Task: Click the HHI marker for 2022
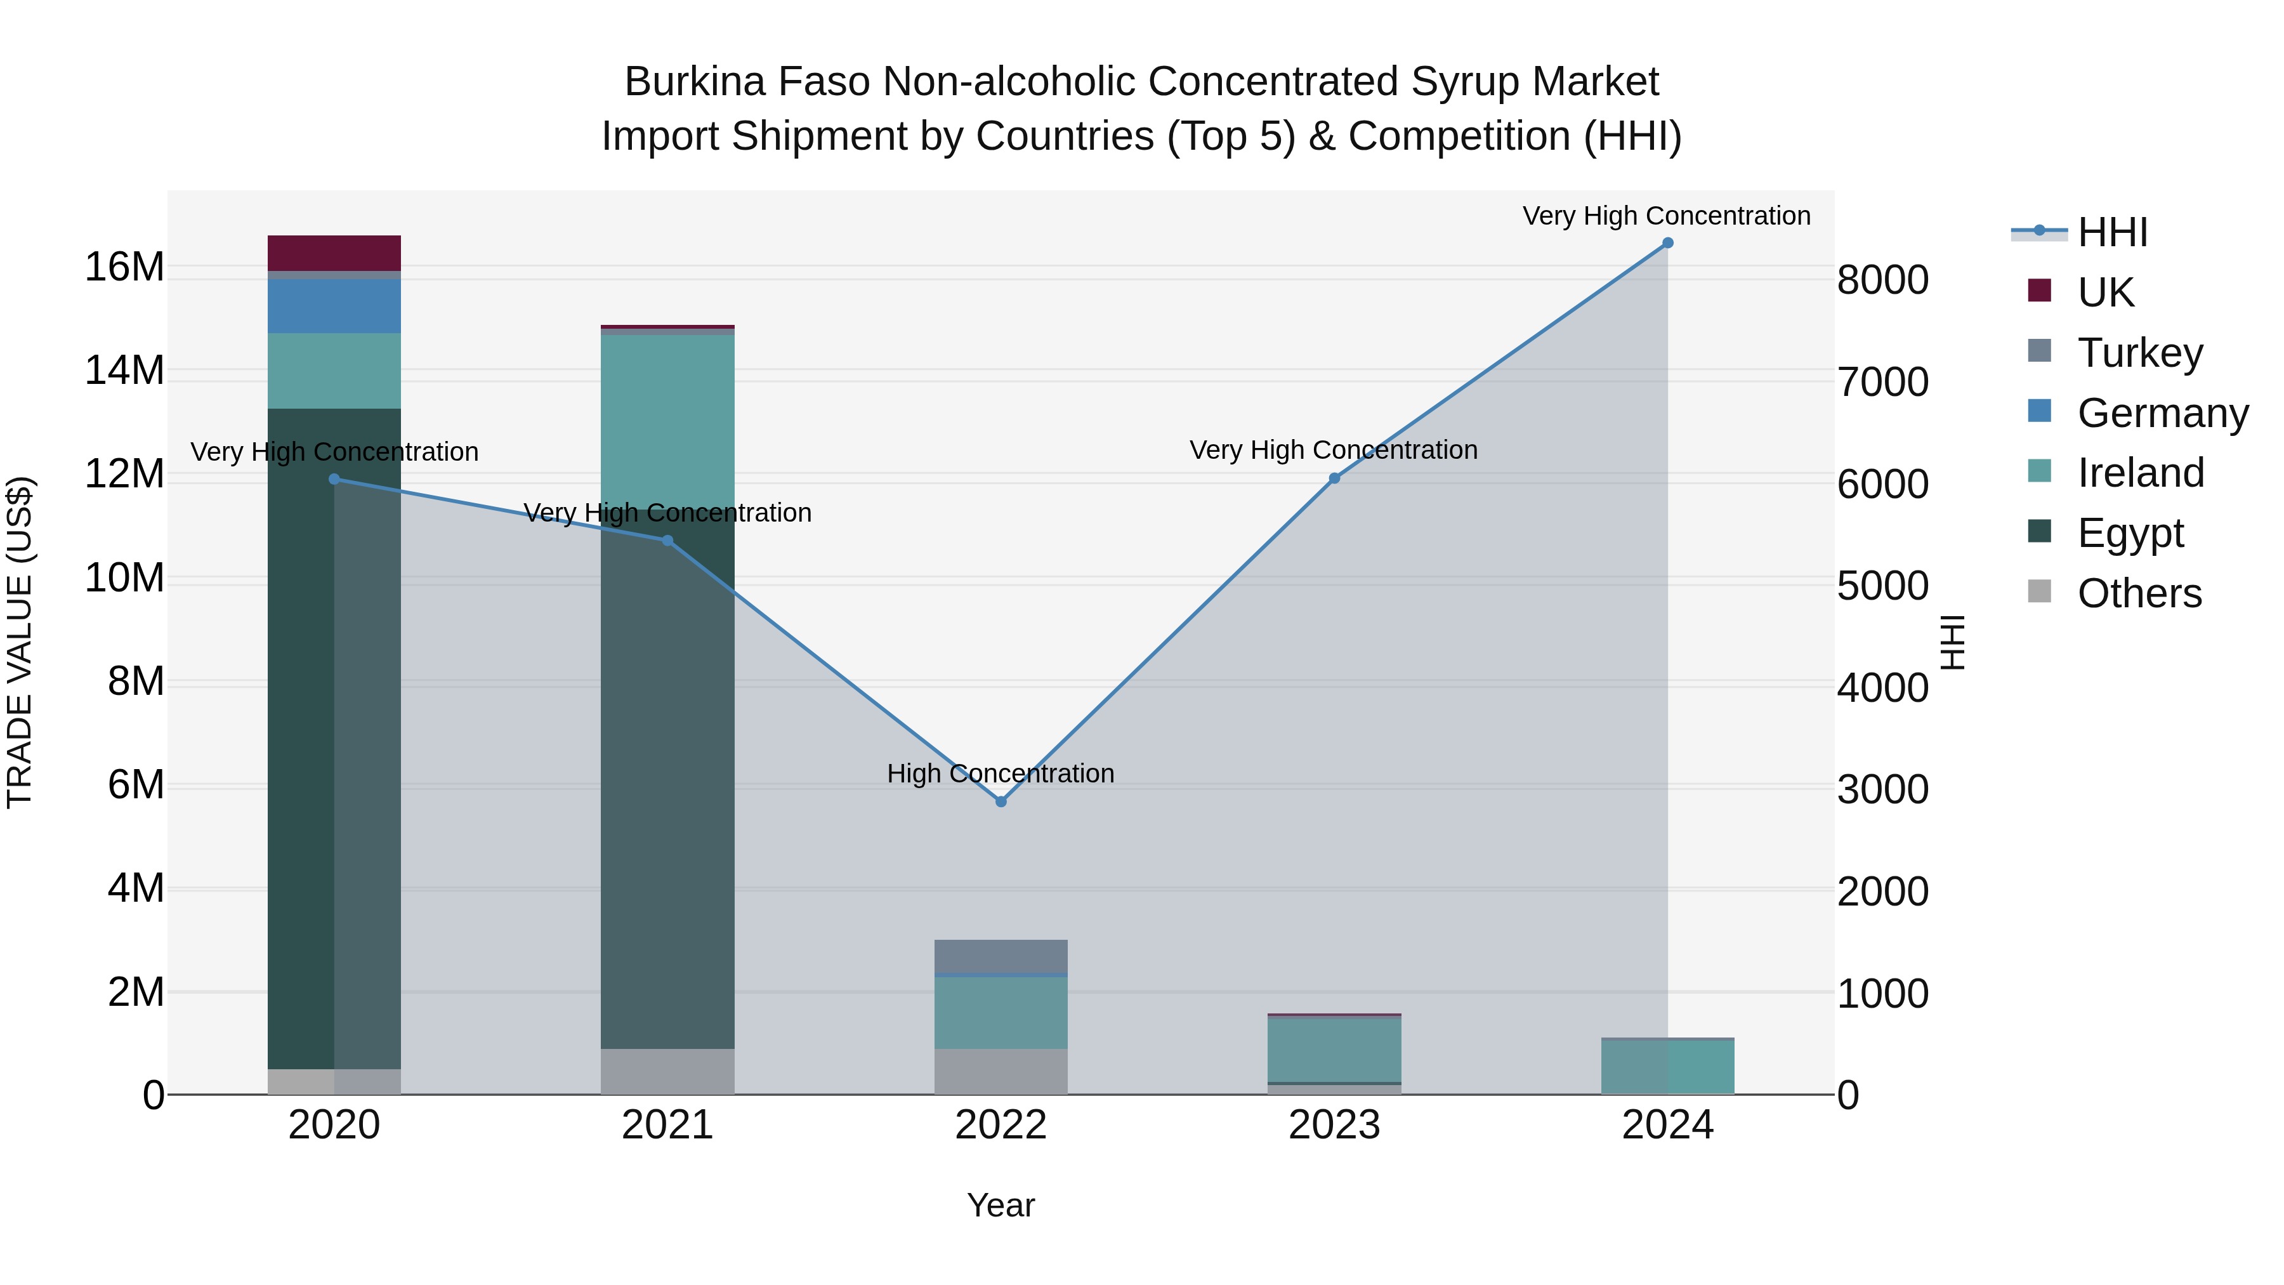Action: pos(1001,801)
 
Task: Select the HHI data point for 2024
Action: pos(1668,243)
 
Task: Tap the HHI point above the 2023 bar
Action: pos(1334,478)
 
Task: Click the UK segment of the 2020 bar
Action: pos(334,253)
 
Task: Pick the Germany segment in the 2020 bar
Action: pos(334,306)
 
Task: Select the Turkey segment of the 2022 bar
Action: pos(1001,956)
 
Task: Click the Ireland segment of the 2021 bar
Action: pos(667,417)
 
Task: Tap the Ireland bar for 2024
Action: pos(1668,1066)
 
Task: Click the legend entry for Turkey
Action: pos(2139,352)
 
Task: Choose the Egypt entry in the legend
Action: pos(2130,533)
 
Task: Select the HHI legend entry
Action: pos(2112,232)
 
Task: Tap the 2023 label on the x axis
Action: pos(1334,1125)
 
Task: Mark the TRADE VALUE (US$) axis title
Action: pos(20,642)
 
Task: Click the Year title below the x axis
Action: pos(1001,1205)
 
